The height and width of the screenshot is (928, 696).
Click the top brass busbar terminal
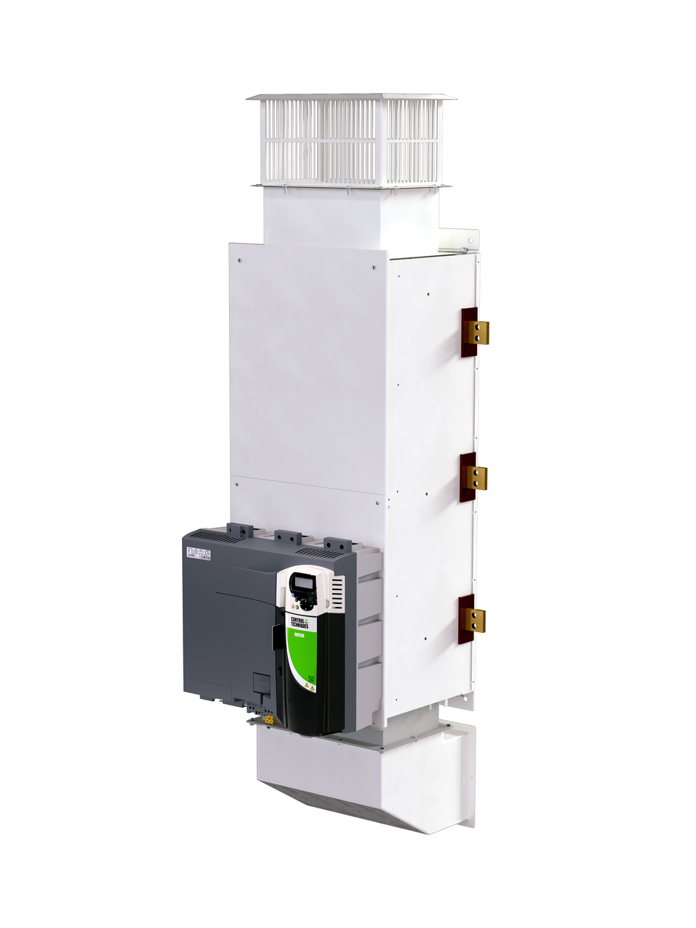click(478, 332)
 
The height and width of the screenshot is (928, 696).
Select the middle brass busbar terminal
click(476, 478)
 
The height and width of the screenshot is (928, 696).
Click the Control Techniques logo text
click(299, 621)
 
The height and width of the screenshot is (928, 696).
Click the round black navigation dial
click(307, 602)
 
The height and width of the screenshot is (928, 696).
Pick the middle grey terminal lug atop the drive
click(287, 537)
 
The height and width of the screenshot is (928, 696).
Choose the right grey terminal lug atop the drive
click(337, 544)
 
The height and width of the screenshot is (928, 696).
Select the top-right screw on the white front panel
click(373, 267)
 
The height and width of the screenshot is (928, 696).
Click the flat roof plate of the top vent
click(351, 96)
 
